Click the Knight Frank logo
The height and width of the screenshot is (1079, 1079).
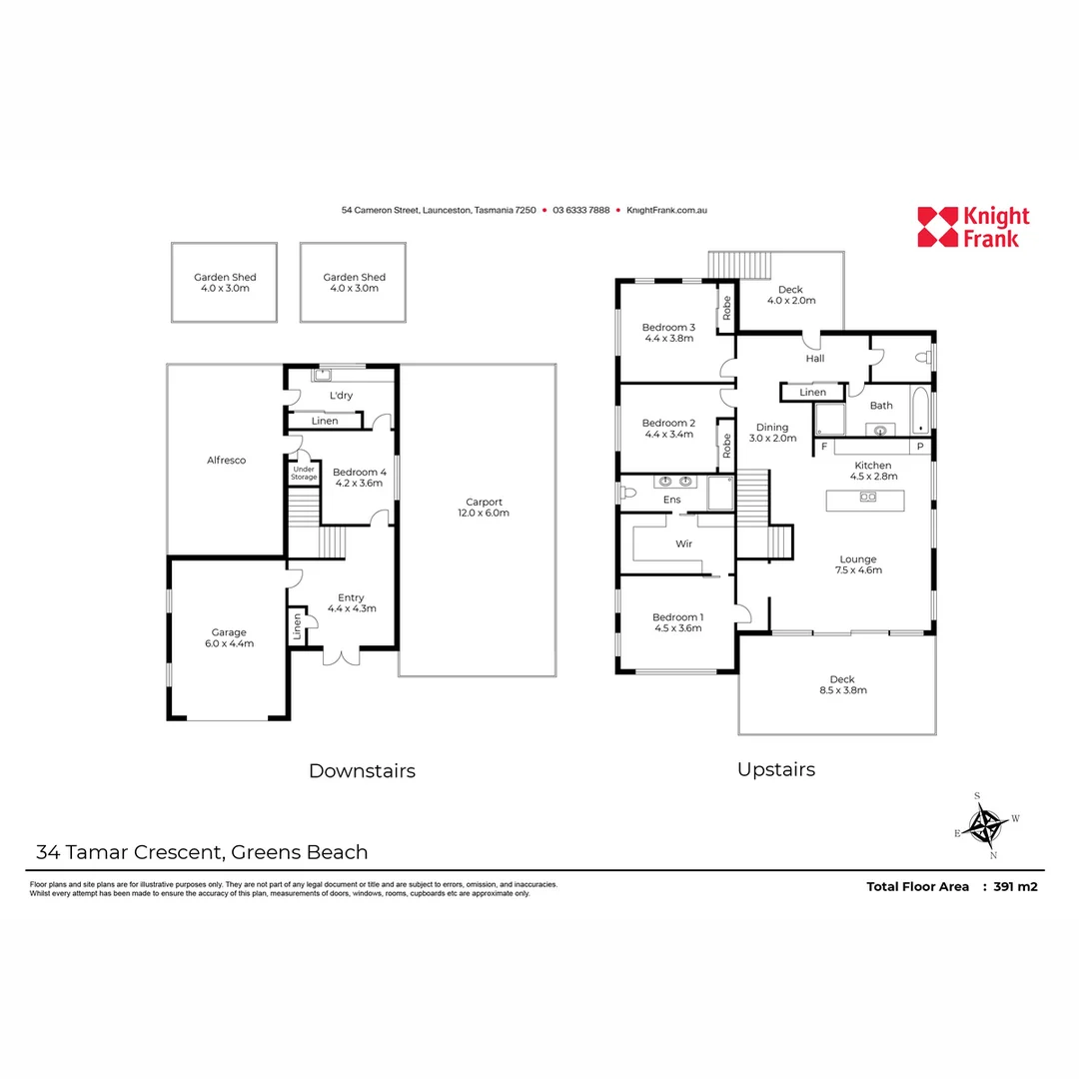pyautogui.click(x=972, y=227)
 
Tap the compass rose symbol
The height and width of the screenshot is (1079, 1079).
pyautogui.click(x=989, y=826)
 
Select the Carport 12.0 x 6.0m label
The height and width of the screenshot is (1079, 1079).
pyautogui.click(x=484, y=508)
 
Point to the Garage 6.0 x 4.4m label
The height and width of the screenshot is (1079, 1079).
pyautogui.click(x=228, y=637)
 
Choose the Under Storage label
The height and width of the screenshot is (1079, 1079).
pyautogui.click(x=304, y=474)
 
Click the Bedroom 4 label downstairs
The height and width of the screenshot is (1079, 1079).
pyautogui.click(x=358, y=478)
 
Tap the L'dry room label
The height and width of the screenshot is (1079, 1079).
pyautogui.click(x=341, y=396)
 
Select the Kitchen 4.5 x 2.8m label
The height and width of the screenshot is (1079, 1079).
pyautogui.click(x=872, y=471)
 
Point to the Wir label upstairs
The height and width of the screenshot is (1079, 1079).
pyautogui.click(x=684, y=544)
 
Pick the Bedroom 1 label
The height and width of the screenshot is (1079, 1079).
pyautogui.click(x=677, y=621)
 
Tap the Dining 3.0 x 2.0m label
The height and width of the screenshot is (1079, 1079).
pyautogui.click(x=772, y=433)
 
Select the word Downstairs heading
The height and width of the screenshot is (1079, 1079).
pyautogui.click(x=362, y=771)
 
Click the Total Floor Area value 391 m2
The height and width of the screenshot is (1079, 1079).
pyautogui.click(x=1016, y=886)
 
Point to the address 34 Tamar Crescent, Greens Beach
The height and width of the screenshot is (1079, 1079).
pyautogui.click(x=202, y=852)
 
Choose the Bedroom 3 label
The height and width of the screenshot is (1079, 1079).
pyautogui.click(x=668, y=333)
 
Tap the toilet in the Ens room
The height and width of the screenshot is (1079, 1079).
pyautogui.click(x=629, y=492)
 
